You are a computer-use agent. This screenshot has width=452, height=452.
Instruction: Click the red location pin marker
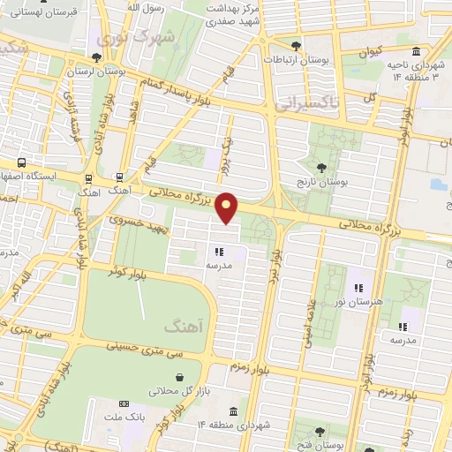click(228, 207)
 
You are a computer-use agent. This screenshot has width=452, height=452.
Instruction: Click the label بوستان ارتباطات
click(297, 59)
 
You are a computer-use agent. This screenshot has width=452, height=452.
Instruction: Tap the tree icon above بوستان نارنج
click(321, 167)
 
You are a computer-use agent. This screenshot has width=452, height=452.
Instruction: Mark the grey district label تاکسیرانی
click(305, 104)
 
